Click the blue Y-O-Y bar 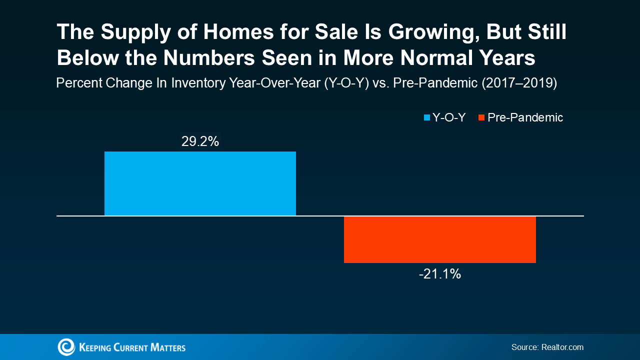coord(200,183)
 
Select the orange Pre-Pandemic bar coord(439,239)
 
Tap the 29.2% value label coord(200,142)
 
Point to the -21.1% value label coord(439,274)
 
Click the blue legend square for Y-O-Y coord(427,118)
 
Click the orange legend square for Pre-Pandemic coord(481,118)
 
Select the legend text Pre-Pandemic coord(525,118)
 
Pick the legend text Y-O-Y coord(449,118)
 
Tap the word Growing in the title coord(403,32)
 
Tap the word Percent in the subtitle coord(77,83)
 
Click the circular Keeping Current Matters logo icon coord(66,347)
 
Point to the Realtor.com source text coord(562,347)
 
